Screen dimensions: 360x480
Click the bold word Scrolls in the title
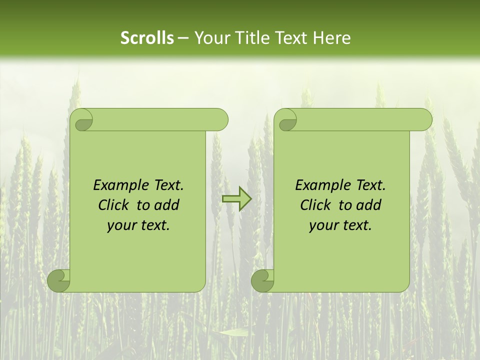click(147, 38)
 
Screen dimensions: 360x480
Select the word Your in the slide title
click(210, 38)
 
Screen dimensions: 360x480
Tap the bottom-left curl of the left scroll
click(59, 280)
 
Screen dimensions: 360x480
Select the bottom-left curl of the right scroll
click(263, 280)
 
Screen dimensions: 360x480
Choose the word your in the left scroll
click(121, 225)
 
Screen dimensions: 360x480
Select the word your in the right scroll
click(323, 225)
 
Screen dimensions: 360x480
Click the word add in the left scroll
click(166, 205)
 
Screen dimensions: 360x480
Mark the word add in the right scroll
click(368, 205)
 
